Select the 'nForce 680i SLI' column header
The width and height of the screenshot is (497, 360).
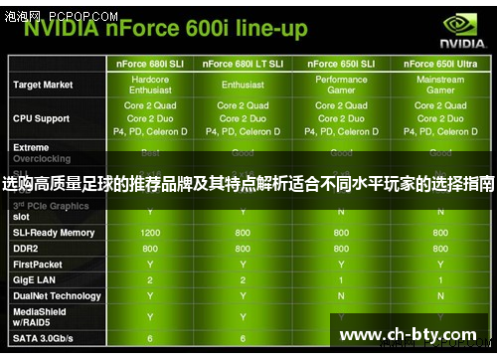150,64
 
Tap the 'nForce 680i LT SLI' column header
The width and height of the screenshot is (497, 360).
243,64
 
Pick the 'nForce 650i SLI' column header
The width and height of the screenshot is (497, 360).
341,64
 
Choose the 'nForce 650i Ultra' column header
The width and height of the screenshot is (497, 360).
440,64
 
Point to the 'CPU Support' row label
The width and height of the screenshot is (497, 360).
41,118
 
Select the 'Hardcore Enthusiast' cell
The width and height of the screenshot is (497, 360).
150,85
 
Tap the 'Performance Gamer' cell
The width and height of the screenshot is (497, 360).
341,85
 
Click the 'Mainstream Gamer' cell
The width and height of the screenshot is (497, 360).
440,85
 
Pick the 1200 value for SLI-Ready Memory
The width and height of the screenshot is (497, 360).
150,233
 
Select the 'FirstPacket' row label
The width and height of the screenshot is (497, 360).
38,265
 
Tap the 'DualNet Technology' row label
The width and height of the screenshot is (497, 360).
57,296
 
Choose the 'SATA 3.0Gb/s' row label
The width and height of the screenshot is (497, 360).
43,339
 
